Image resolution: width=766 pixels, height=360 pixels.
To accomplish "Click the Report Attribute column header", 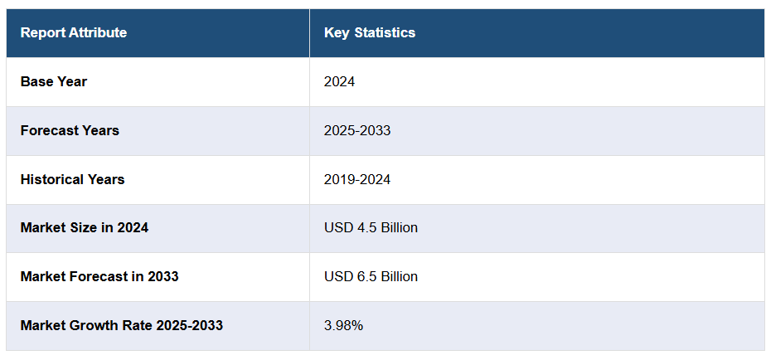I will point(74,33).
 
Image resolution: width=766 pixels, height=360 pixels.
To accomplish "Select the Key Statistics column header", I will point(370,33).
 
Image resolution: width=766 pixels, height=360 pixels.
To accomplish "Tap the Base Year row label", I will point(54,81).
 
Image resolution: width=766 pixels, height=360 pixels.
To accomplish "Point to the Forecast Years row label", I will point(70,130).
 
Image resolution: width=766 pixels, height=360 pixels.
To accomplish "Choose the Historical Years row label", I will point(73,179).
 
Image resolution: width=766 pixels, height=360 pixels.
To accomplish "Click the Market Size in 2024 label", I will point(85,227).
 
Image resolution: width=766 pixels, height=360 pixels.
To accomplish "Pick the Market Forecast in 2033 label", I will point(99,276).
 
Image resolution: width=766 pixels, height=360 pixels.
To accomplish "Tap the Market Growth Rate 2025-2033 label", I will point(122,325).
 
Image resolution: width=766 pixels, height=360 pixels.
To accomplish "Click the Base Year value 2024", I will point(339,81).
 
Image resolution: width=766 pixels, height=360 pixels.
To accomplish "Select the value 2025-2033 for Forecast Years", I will point(357,130).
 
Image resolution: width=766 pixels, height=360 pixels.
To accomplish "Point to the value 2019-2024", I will point(357,179).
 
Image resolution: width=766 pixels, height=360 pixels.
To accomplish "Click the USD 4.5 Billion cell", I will point(371,227).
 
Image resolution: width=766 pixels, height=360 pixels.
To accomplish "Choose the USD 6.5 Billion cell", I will point(371,276).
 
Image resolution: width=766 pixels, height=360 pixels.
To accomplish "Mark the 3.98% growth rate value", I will point(344,325).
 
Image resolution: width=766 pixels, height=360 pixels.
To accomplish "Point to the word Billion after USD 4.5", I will point(398,227).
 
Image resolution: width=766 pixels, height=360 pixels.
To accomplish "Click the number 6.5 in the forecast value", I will point(365,276).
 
